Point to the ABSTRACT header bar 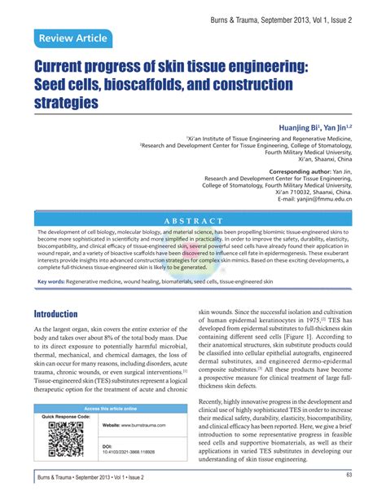193,220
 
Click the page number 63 348,475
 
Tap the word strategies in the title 66,103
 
